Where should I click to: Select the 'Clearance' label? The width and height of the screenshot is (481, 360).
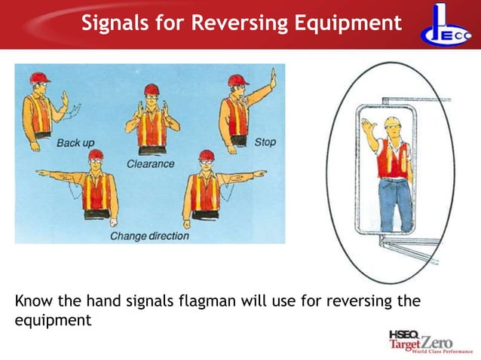tap(150, 163)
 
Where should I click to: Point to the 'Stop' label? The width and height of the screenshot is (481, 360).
tap(265, 142)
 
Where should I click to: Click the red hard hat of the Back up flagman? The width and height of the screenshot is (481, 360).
tap(39, 77)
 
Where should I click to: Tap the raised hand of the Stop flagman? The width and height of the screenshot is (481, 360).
tap(273, 77)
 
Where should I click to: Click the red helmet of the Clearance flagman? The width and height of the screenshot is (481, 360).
tap(152, 88)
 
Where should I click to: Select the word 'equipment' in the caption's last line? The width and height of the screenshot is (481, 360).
tap(53, 321)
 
